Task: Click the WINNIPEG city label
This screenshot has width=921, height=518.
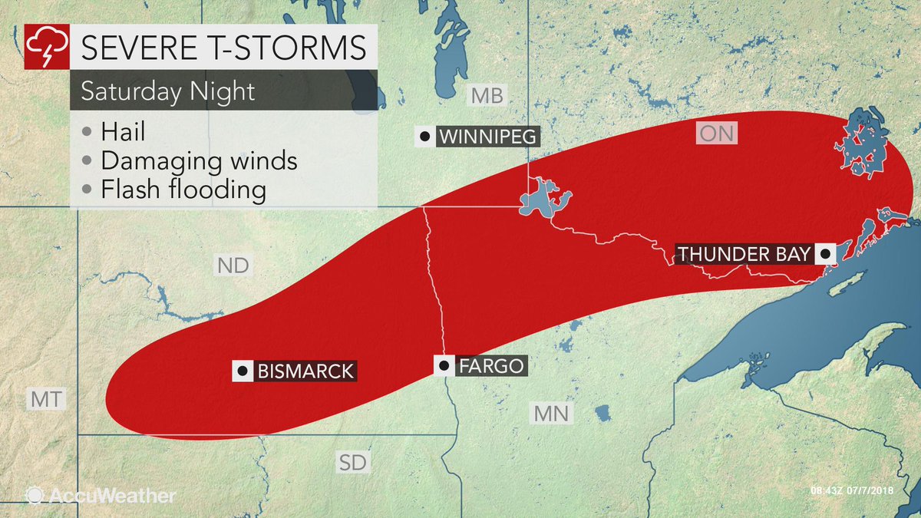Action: pyautogui.click(x=487, y=138)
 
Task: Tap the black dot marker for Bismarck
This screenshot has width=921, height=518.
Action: pyautogui.click(x=243, y=371)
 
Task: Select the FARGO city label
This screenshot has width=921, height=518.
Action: pyautogui.click(x=491, y=366)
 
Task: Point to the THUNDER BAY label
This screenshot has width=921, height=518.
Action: pyautogui.click(x=744, y=253)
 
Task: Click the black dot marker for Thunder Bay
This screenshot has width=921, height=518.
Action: pyautogui.click(x=825, y=253)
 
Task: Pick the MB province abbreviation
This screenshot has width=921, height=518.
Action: pyautogui.click(x=487, y=96)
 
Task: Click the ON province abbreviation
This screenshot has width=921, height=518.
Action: pyautogui.click(x=717, y=134)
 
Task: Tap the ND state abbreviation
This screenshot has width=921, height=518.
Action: pyautogui.click(x=232, y=266)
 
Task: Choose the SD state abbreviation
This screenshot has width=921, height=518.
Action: pyautogui.click(x=353, y=462)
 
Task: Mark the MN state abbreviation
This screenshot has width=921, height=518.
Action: pyautogui.click(x=551, y=414)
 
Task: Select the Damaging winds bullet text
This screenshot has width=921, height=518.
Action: pyautogui.click(x=199, y=160)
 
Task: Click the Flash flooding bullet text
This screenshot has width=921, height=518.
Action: pyautogui.click(x=183, y=190)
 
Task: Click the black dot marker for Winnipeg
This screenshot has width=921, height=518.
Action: pyautogui.click(x=424, y=138)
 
